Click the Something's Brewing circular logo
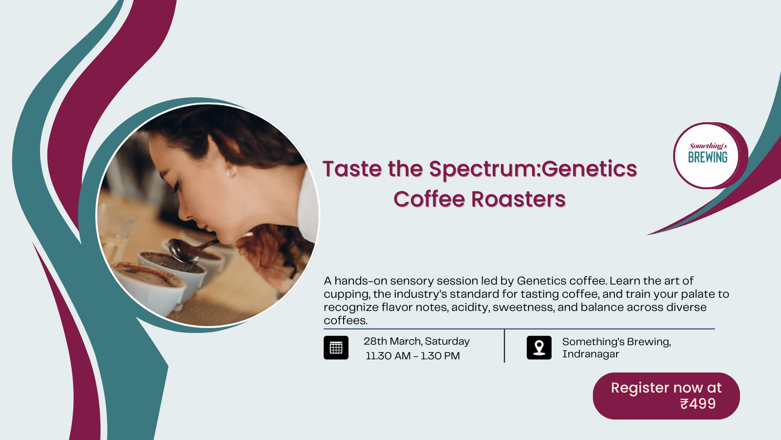(x=707, y=155)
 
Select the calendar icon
(x=336, y=348)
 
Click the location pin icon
(x=539, y=348)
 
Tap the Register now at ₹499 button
(x=666, y=396)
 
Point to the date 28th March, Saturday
(x=417, y=341)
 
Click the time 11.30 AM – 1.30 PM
(x=412, y=356)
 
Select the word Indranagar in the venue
(x=590, y=354)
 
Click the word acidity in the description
(x=470, y=308)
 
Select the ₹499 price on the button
(x=698, y=404)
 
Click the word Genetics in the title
(x=589, y=169)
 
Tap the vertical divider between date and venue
(x=504, y=346)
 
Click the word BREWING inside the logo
(x=708, y=157)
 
